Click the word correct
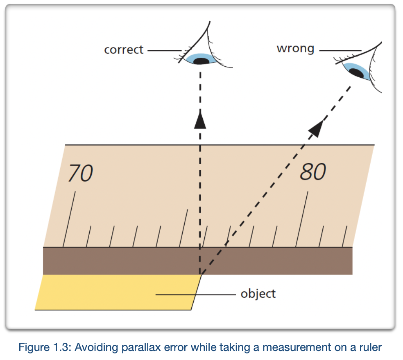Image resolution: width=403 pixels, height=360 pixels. click(124, 50)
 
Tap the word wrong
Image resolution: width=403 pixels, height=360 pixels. click(295, 48)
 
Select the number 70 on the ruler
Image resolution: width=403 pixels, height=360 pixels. click(80, 173)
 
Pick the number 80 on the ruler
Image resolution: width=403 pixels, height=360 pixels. click(313, 172)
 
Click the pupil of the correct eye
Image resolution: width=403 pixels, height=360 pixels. click(201, 61)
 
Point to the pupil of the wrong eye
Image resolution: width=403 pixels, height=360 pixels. click(357, 73)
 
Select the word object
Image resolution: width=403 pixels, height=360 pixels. click(258, 294)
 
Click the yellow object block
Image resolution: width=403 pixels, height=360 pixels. click(102, 292)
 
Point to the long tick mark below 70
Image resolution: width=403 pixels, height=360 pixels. click(69, 219)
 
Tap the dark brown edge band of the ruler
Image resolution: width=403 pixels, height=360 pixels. click(123, 261)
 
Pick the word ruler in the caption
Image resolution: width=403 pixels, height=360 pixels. click(371, 348)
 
